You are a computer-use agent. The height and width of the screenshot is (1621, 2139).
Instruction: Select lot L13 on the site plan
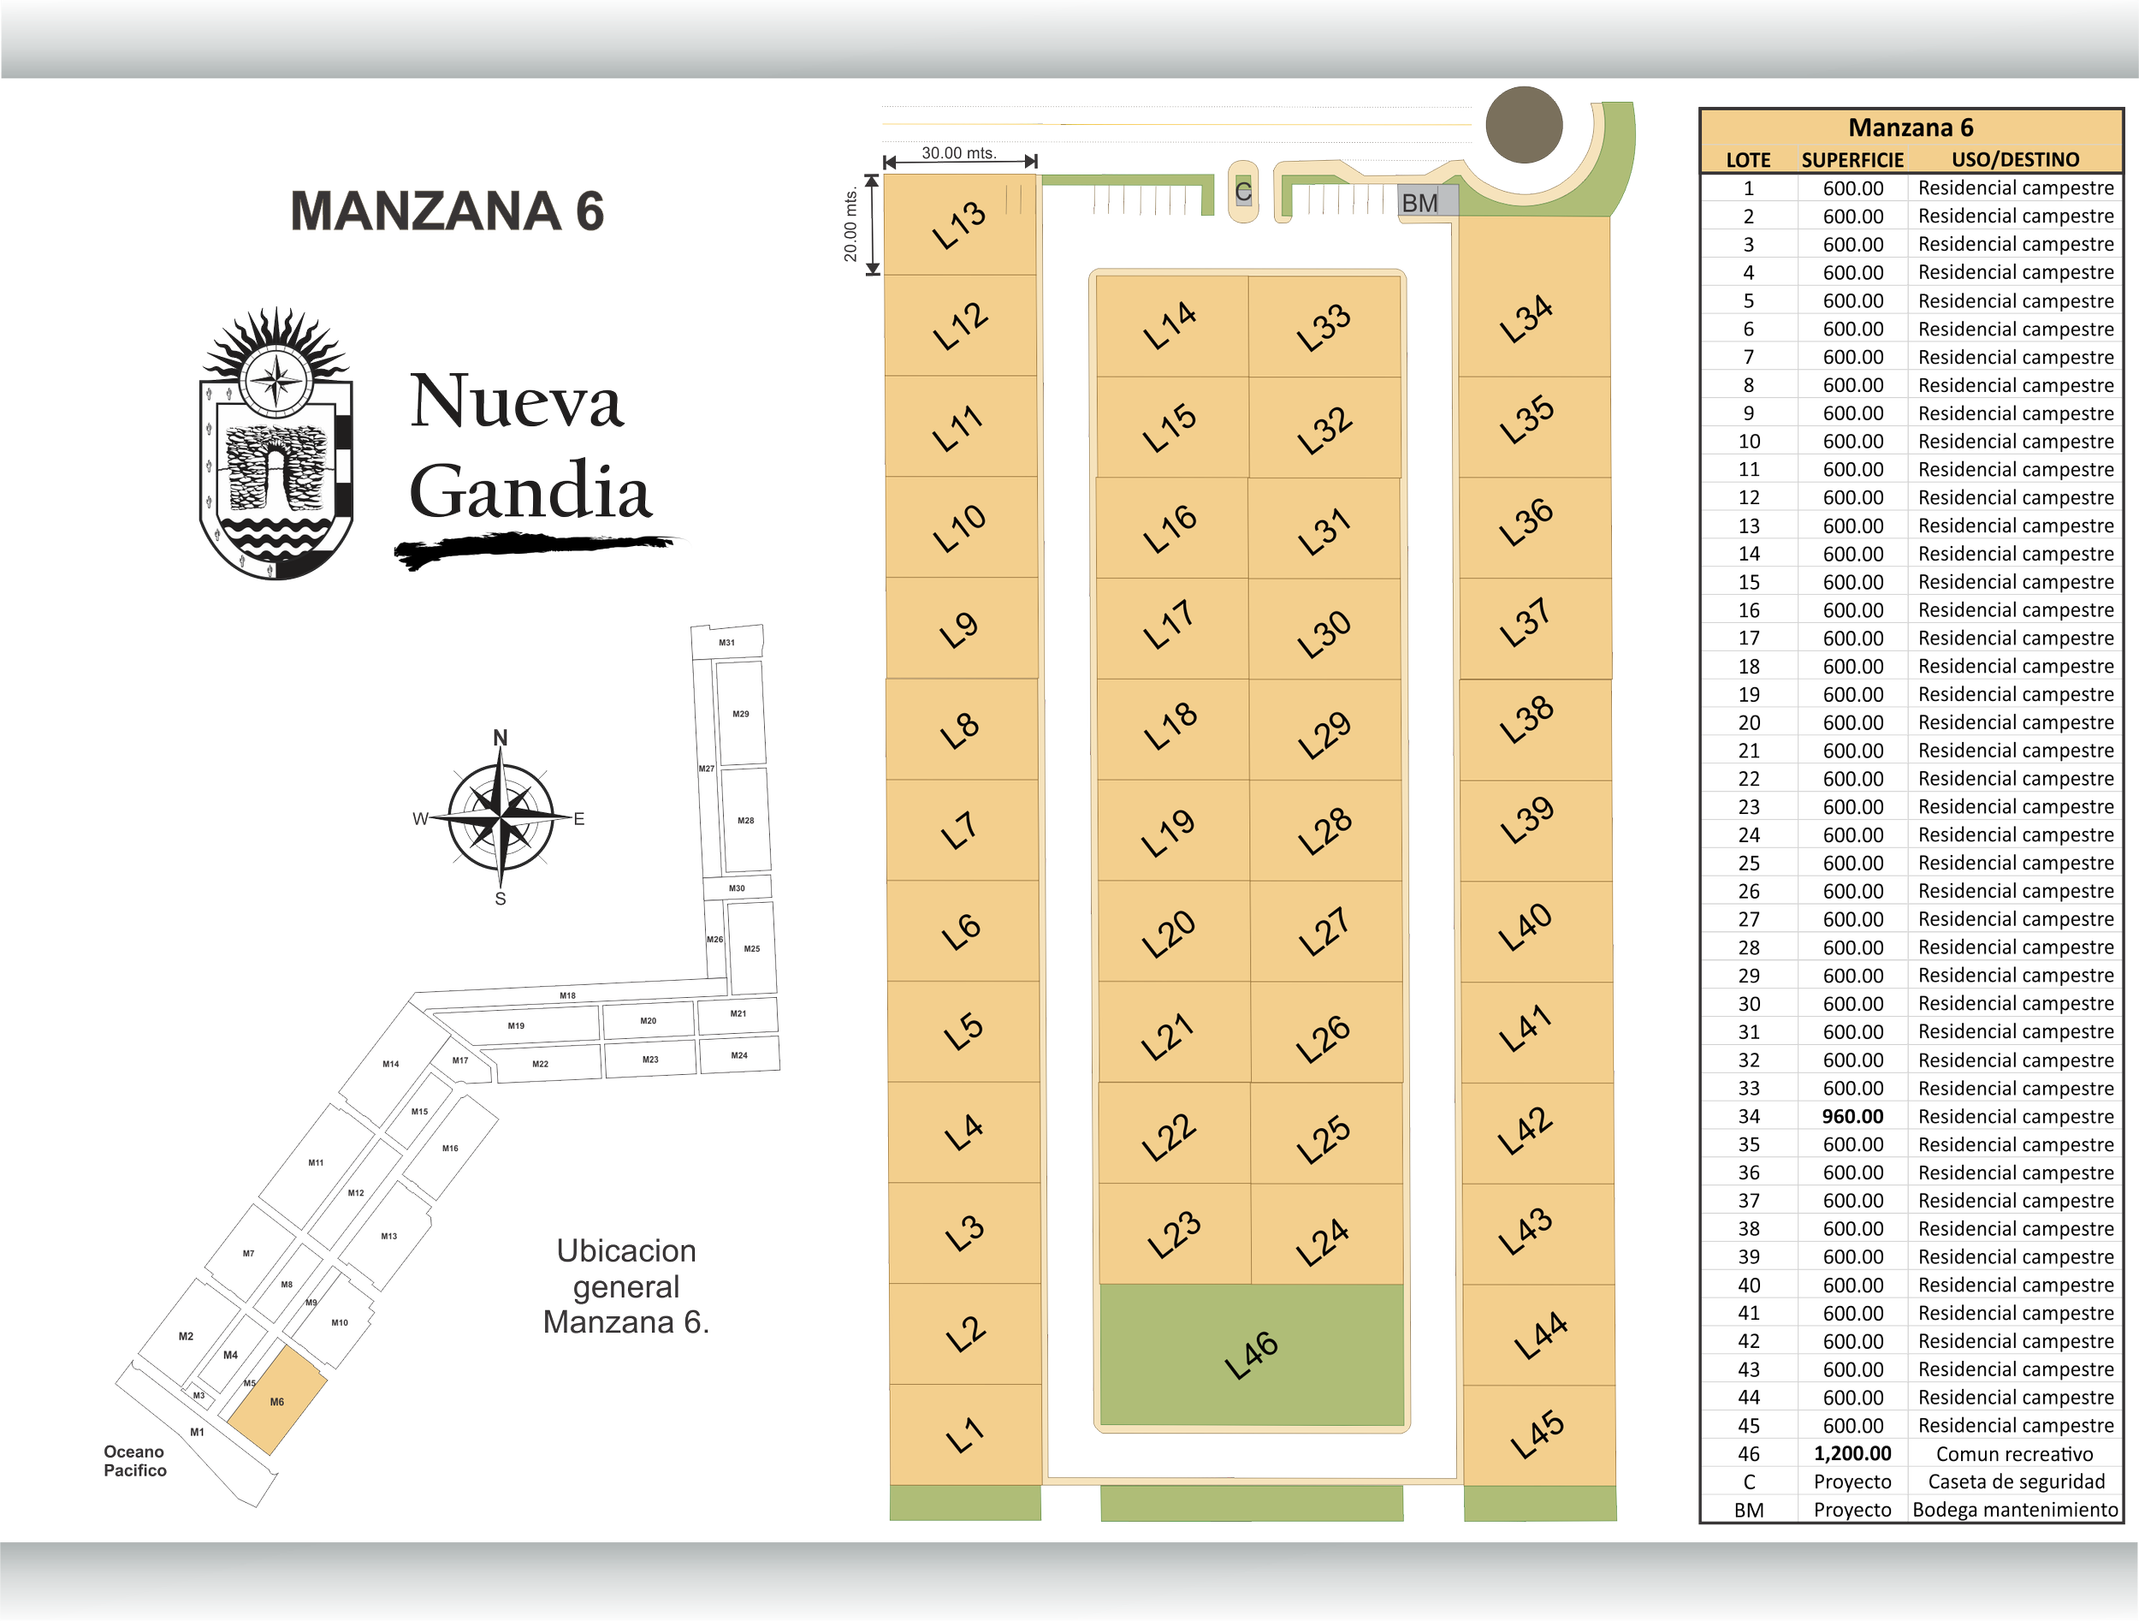(960, 224)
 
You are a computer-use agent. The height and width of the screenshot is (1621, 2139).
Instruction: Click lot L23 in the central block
(1174, 1234)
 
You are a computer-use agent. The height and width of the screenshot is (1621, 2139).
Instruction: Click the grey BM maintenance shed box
(1420, 202)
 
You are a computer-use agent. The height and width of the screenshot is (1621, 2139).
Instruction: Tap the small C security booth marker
(1243, 192)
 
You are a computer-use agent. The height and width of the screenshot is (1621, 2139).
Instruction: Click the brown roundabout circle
(1523, 125)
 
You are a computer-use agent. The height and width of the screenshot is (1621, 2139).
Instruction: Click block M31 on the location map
(727, 642)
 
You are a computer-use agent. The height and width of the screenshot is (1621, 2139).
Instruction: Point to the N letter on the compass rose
(501, 738)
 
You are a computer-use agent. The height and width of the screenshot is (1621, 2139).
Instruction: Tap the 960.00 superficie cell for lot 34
(1852, 1116)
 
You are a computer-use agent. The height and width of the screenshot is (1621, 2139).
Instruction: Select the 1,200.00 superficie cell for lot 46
(1852, 1452)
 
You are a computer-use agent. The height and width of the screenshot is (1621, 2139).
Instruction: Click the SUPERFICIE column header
(1852, 159)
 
